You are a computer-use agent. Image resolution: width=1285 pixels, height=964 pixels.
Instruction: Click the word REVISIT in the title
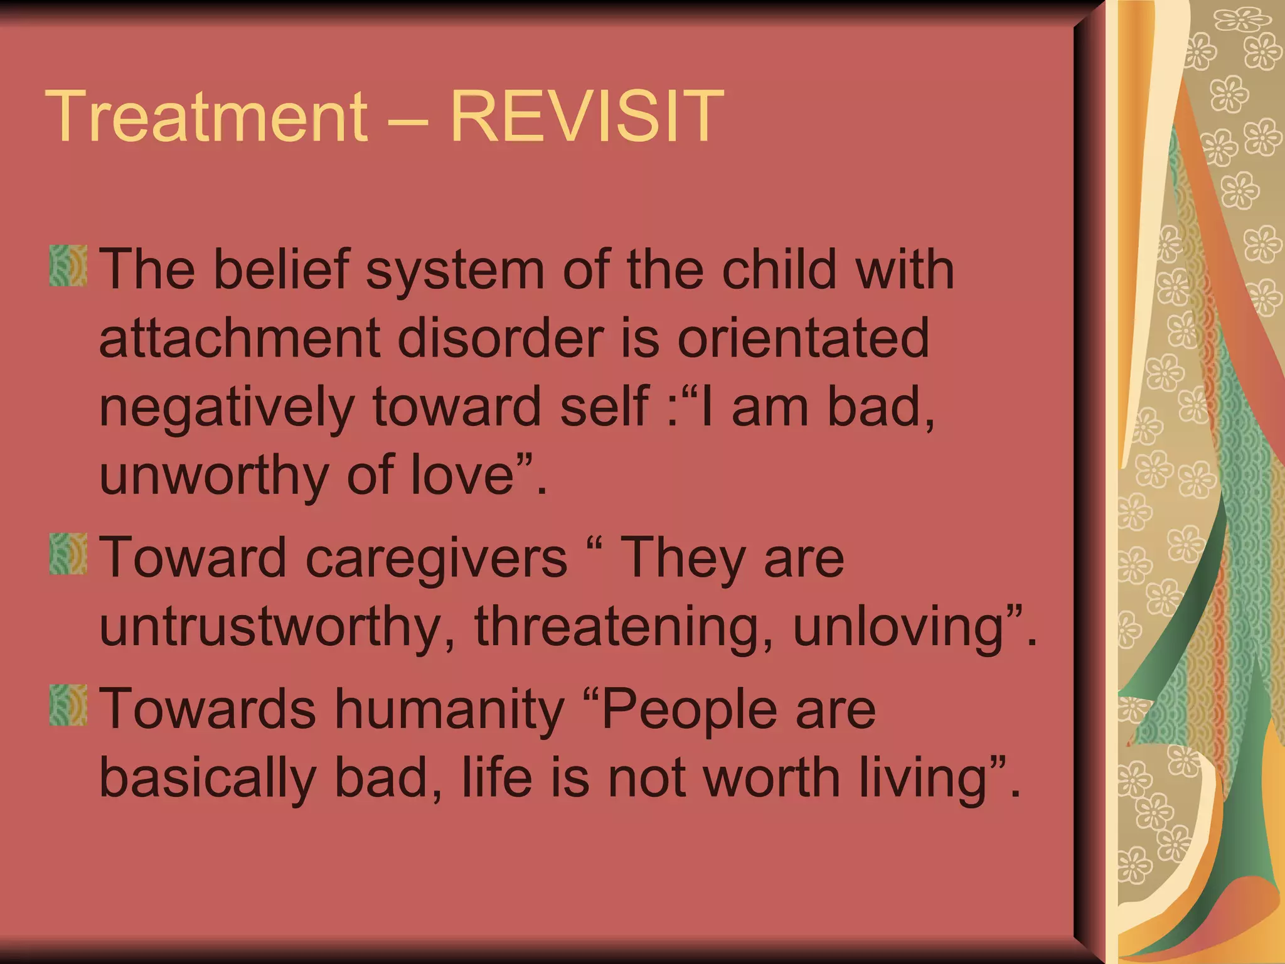(x=587, y=116)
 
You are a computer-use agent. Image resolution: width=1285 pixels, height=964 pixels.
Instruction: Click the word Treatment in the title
(x=207, y=116)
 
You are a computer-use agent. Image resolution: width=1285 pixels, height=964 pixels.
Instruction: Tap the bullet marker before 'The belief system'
(x=68, y=266)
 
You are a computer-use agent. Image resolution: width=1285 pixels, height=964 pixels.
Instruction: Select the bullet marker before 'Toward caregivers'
(x=68, y=554)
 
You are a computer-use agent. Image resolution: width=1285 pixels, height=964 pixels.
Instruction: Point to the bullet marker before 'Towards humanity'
(x=68, y=705)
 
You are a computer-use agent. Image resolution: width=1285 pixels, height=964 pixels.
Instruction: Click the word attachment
(x=239, y=338)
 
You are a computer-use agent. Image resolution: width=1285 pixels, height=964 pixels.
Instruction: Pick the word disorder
(x=500, y=338)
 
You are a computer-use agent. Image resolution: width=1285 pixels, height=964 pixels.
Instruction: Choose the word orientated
(x=803, y=338)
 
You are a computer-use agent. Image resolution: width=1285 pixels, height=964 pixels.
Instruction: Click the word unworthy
(x=213, y=475)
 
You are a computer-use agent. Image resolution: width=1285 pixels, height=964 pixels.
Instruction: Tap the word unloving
(x=900, y=628)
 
